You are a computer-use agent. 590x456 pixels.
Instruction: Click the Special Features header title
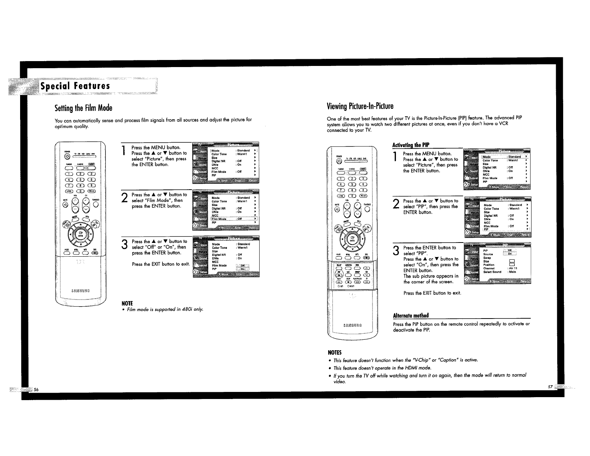pos(75,86)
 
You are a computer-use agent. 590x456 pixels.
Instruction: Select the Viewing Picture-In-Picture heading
pos(360,106)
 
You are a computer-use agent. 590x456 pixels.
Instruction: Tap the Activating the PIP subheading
pos(412,145)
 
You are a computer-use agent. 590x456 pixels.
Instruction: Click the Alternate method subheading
pos(411,316)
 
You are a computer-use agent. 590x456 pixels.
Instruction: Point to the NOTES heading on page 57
pos(334,352)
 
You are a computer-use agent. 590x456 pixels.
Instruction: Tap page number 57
pos(550,387)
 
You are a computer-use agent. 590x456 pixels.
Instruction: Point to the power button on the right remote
pos(339,161)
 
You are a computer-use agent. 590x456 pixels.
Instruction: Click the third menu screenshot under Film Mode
pos(226,257)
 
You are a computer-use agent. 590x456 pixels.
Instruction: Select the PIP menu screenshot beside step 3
pos(498,263)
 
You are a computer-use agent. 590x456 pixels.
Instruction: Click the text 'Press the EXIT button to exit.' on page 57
pos(432,293)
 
